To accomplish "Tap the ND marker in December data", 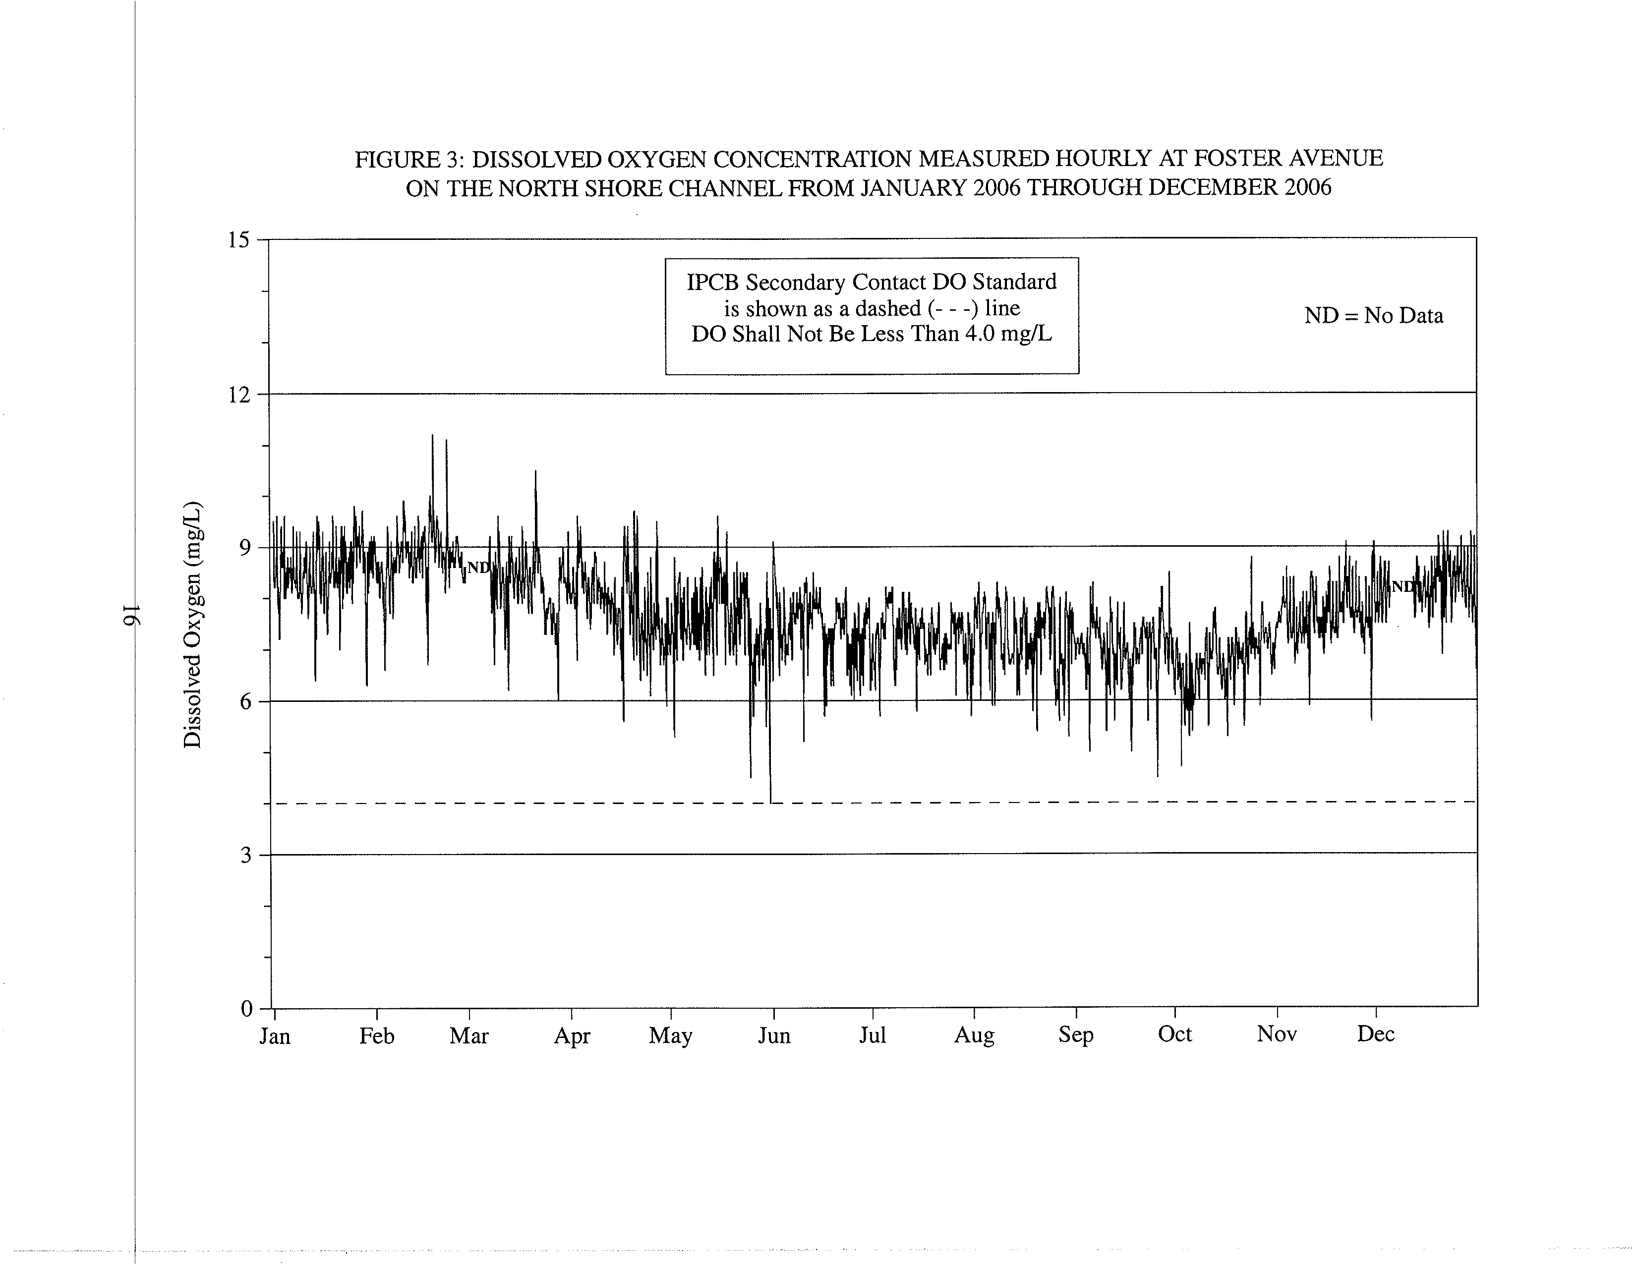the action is (1402, 586).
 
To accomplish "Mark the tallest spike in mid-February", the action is (432, 435).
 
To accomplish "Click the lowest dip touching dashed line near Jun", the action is (771, 803).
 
